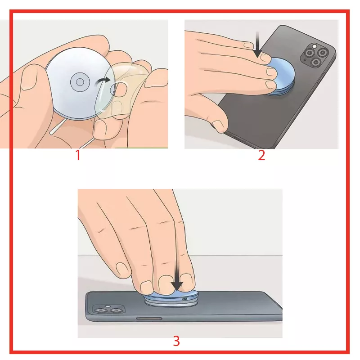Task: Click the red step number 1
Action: pyautogui.click(x=78, y=155)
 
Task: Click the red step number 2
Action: pyautogui.click(x=261, y=155)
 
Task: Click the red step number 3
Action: pyautogui.click(x=176, y=341)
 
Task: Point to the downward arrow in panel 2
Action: pyautogui.click(x=257, y=45)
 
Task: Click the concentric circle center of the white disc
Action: pyautogui.click(x=80, y=82)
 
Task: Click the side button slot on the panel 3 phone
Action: pyautogui.click(x=149, y=319)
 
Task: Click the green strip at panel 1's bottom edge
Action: pyautogui.click(x=141, y=148)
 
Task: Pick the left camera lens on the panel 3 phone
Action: pyautogui.click(x=100, y=310)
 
